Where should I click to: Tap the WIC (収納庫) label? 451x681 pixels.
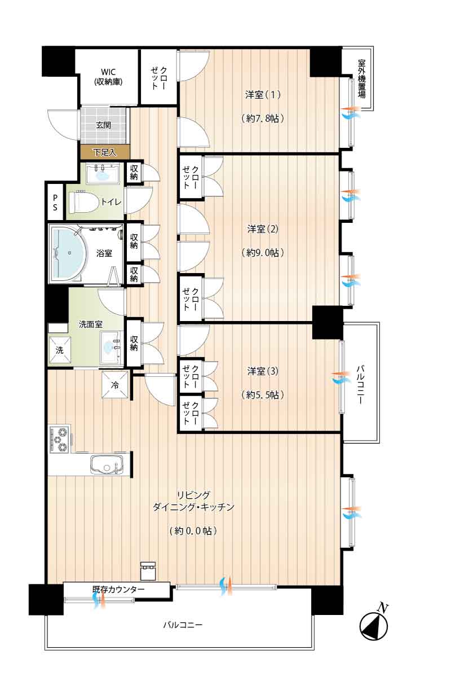click(108, 77)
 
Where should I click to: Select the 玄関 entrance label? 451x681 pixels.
click(103, 125)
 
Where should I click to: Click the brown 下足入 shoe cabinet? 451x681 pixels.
click(105, 152)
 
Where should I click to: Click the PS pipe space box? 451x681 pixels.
click(55, 202)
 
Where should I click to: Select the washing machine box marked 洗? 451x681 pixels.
click(60, 350)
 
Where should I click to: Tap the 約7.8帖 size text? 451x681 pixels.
click(263, 118)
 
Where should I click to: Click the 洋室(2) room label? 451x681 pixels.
click(263, 229)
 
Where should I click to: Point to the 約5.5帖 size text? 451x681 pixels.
click(263, 395)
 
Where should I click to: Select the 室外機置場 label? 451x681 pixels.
click(361, 79)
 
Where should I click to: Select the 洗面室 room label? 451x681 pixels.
click(91, 324)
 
